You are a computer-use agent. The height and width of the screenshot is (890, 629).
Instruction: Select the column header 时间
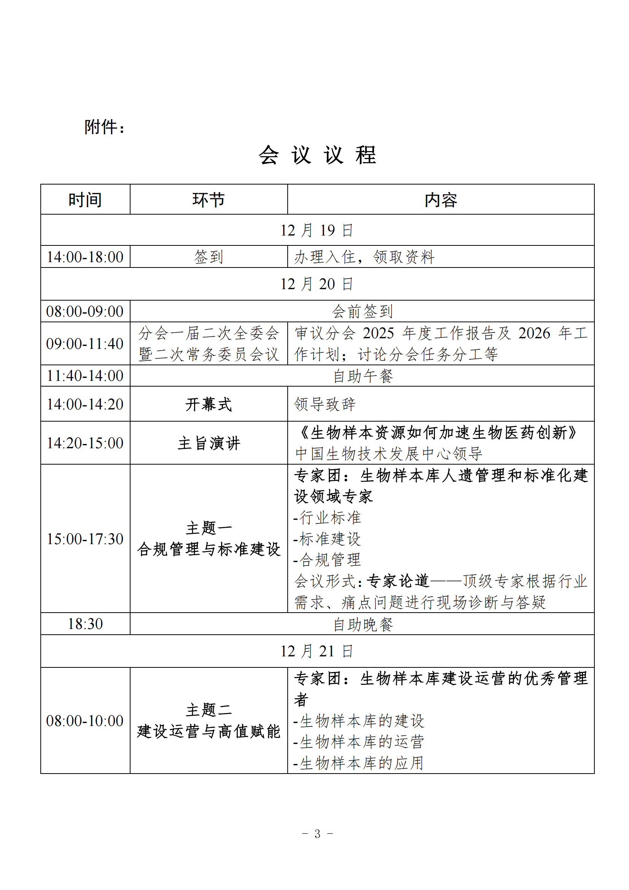(85, 200)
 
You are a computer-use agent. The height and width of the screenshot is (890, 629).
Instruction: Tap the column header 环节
(209, 200)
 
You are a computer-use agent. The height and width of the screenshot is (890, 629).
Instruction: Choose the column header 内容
(441, 200)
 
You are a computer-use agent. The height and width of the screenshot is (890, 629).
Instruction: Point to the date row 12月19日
(317, 230)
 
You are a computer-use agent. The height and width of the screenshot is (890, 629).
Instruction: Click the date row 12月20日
(317, 284)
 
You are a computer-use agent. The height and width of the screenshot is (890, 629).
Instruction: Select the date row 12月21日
(317, 651)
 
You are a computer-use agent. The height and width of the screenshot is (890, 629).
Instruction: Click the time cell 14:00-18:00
(85, 257)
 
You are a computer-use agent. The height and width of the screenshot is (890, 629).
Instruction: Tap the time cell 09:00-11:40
(85, 344)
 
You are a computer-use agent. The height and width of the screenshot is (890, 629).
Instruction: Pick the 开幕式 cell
(209, 404)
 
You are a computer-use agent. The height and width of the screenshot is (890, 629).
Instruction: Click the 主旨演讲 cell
(209, 443)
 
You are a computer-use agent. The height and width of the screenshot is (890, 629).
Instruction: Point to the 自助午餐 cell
(363, 376)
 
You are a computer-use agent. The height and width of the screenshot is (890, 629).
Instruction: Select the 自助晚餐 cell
(363, 624)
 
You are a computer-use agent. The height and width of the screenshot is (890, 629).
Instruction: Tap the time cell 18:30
(85, 624)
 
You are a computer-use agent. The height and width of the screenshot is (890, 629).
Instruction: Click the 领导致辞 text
(325, 404)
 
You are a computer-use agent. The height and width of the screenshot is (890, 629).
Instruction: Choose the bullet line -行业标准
(328, 517)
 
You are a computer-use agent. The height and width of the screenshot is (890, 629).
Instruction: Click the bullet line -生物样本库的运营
(359, 742)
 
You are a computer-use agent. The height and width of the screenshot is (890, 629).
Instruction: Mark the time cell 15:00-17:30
(85, 539)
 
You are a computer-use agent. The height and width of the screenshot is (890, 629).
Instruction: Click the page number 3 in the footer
(317, 833)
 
